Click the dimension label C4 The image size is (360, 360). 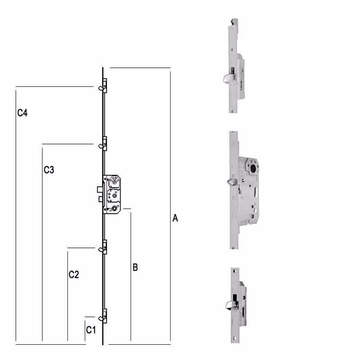click(22, 113)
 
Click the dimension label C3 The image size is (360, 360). click(49, 170)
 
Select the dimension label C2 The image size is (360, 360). click(74, 274)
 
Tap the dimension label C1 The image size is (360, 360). click(91, 330)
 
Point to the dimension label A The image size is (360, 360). click(176, 219)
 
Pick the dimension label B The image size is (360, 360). click(135, 267)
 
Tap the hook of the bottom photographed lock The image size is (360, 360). click(226, 306)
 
